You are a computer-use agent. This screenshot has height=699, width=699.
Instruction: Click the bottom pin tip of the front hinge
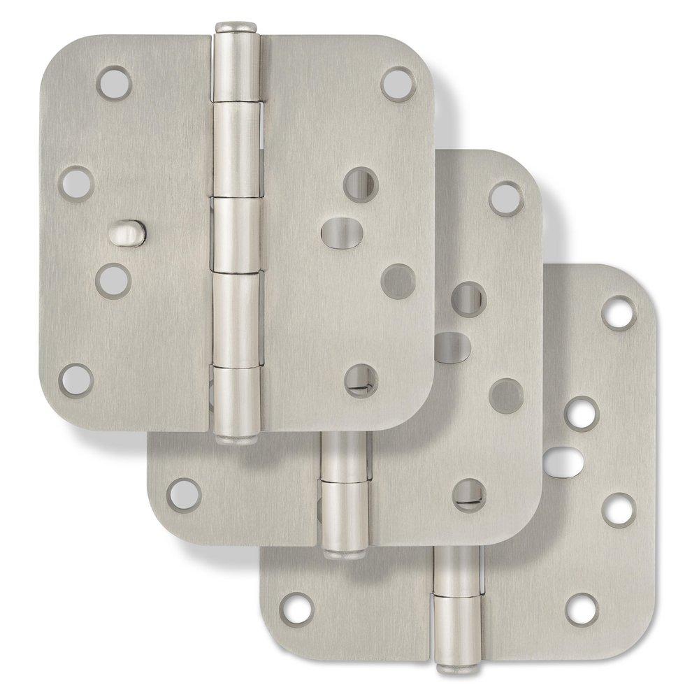coord(236,438)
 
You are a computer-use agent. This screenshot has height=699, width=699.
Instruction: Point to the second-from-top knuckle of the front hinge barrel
coord(236,150)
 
